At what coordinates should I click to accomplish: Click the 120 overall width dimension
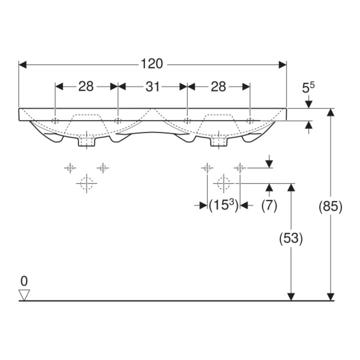[152, 64]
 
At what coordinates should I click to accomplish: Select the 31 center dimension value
[152, 87]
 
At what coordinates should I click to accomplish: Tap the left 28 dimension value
[86, 86]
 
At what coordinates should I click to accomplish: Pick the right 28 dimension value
[218, 87]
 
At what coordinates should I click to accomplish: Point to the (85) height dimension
[330, 206]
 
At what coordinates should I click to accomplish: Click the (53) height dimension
[291, 238]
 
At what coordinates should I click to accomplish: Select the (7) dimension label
[269, 205]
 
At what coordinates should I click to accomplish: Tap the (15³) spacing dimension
[223, 205]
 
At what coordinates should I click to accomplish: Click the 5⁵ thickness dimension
[308, 87]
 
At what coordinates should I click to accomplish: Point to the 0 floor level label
[24, 281]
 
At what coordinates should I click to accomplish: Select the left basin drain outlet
[86, 141]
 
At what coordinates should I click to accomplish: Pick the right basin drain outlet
[218, 141]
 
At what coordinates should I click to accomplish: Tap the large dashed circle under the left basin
[86, 183]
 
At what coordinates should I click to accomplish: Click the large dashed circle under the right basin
[223, 183]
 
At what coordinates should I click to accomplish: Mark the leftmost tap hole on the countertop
[55, 120]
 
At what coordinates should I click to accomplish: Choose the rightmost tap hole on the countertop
[250, 120]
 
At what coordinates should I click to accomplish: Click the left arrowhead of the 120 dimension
[22, 64]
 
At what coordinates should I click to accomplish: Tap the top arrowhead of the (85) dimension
[330, 112]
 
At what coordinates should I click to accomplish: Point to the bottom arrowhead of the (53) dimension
[291, 297]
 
